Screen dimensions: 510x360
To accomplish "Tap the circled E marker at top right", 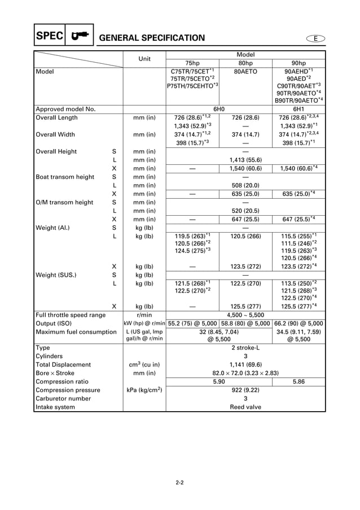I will (x=317, y=38).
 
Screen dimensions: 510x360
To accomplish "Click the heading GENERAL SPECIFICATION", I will (x=152, y=38).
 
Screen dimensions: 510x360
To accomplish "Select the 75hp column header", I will (x=192, y=63).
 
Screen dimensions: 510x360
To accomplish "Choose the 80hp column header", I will (x=245, y=63).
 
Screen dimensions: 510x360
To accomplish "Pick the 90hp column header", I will (x=298, y=63).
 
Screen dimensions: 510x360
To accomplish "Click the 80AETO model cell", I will (x=245, y=72).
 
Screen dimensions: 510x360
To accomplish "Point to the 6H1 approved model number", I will (x=298, y=108).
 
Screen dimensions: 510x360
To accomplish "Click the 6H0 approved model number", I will (x=219, y=108).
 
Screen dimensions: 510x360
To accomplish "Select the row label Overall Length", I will (x=56, y=117).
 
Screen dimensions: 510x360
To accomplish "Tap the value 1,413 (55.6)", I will (x=245, y=160).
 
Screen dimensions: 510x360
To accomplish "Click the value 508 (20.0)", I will (x=245, y=185).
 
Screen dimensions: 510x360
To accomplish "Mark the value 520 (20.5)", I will (x=245, y=211).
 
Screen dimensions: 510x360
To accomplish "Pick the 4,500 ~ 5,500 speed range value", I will (x=245, y=315).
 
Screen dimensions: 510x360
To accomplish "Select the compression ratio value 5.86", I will (x=298, y=381).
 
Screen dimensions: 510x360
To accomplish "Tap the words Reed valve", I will (x=245, y=407).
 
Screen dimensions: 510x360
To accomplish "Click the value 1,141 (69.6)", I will (x=245, y=365).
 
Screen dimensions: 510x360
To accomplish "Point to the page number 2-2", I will (x=180, y=482).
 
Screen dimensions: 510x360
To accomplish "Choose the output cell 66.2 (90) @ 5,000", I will (x=298, y=323).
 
